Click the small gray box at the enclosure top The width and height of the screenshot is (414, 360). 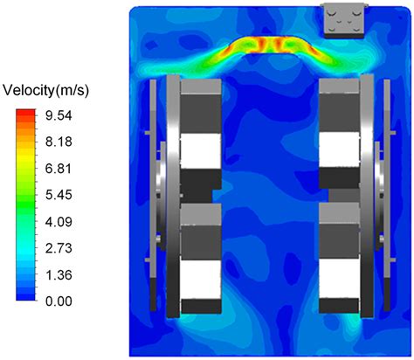click(x=342, y=19)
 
